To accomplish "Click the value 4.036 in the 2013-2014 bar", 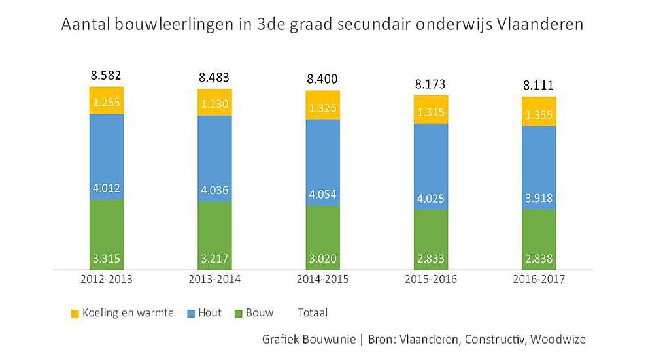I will coord(215,191).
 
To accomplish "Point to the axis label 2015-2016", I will coord(430,280).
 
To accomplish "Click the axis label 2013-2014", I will coord(215,280).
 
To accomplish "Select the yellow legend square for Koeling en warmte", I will coord(75,314).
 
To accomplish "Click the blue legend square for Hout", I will coord(189,314).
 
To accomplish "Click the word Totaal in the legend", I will coord(313,313).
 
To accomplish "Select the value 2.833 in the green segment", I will coord(430,259).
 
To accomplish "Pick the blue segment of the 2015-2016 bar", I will coord(430,167).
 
